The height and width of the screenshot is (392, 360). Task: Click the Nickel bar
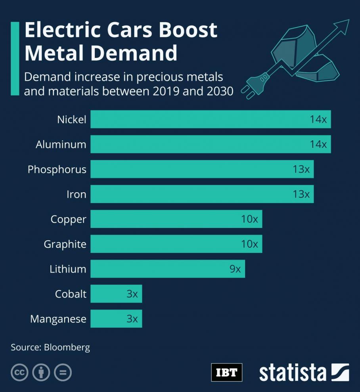(210, 119)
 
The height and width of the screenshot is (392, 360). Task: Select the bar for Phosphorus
(202, 169)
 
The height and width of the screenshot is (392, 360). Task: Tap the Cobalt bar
(116, 294)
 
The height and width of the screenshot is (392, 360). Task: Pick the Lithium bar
(167, 269)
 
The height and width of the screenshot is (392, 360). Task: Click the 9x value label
(235, 269)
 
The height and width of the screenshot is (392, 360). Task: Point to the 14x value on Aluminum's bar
(318, 144)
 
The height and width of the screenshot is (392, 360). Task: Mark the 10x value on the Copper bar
(249, 219)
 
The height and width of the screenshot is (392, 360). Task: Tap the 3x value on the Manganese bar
(132, 319)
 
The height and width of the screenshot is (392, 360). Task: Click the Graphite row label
(65, 244)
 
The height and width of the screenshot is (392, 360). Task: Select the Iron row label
(76, 194)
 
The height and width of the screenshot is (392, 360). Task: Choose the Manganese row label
(58, 319)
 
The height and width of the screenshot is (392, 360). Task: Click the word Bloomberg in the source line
(67, 348)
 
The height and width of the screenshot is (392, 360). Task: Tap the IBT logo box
(226, 373)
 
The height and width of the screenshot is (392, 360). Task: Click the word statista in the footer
(293, 373)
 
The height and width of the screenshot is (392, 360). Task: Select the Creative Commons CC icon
(19, 373)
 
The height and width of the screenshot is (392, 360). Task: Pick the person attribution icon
(41, 373)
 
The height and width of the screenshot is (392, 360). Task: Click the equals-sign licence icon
(63, 373)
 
